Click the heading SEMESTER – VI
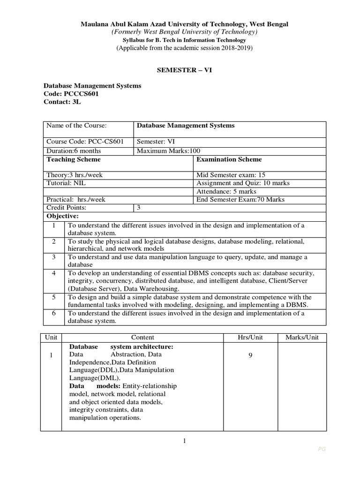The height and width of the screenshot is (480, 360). [x=180, y=69]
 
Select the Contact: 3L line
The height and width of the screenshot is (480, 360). [x=62, y=102]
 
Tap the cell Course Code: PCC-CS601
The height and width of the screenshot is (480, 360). [x=84, y=142]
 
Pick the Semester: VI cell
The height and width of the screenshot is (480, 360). [x=156, y=142]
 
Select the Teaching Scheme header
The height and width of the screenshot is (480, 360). [x=74, y=159]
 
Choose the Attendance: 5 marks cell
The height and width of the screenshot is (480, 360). [x=226, y=191]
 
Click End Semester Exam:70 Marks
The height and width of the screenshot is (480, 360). [x=240, y=199]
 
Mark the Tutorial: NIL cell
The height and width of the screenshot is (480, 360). [x=66, y=183]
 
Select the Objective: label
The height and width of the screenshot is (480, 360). [x=62, y=216]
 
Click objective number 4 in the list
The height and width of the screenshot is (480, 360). [x=54, y=273]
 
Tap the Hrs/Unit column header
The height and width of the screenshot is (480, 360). [x=250, y=337]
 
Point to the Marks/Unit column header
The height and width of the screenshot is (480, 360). [x=302, y=337]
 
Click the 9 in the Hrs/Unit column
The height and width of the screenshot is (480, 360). [x=250, y=355]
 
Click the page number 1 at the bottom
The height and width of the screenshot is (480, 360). [x=185, y=441]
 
